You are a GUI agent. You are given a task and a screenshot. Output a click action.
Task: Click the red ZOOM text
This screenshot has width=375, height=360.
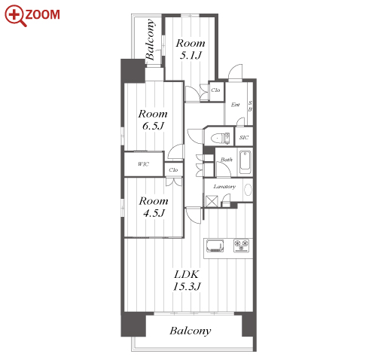click(x=42, y=14)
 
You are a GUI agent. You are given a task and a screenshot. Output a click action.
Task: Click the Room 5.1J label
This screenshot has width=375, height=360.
click(x=191, y=49)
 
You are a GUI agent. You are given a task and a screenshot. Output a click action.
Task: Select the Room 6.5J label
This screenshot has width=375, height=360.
click(x=153, y=120)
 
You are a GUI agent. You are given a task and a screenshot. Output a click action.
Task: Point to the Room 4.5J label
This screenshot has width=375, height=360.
click(x=154, y=207)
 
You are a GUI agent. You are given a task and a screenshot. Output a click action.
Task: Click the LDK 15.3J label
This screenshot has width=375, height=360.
click(x=187, y=280)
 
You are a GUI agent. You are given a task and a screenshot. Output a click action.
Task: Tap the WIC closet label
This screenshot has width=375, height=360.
click(x=144, y=164)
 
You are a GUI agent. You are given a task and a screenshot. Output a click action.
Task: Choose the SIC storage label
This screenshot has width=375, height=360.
click(x=244, y=137)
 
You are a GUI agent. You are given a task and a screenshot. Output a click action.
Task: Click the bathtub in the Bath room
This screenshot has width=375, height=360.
click(x=245, y=162)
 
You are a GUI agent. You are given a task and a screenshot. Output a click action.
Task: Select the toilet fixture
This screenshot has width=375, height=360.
click(x=221, y=139)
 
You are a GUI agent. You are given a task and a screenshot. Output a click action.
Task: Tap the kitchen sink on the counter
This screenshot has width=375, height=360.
click(x=215, y=246)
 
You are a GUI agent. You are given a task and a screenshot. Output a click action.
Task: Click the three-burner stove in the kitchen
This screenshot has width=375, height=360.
click(x=242, y=246)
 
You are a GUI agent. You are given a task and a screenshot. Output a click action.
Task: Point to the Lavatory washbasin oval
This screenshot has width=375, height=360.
click(x=248, y=190)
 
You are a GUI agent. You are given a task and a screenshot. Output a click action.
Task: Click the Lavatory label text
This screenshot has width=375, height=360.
click(x=224, y=187)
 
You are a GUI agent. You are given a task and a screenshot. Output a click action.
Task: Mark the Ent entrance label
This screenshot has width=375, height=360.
click(x=235, y=105)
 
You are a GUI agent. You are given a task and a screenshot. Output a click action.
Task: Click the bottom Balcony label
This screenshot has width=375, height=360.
click(x=191, y=331)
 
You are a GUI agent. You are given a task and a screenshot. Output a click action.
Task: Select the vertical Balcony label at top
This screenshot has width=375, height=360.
click(x=150, y=39)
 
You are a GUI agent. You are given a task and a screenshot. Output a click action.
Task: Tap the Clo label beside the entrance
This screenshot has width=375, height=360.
click(x=215, y=90)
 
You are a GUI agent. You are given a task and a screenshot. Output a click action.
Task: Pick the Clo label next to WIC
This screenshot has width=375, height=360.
click(x=173, y=170)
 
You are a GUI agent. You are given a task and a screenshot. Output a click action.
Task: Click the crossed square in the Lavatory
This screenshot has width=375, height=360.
click(x=211, y=201)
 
